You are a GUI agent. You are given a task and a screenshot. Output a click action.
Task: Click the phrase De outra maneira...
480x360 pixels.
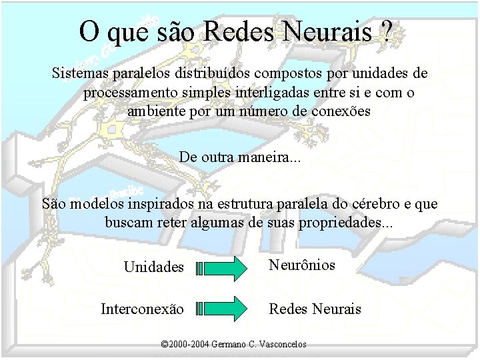pos(239,158)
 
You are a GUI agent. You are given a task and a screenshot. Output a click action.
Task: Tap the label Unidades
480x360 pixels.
pos(153,267)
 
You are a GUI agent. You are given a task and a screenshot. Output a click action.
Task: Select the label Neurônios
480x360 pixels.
pos(301,265)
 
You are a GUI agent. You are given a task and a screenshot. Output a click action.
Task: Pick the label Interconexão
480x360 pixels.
pos(142,309)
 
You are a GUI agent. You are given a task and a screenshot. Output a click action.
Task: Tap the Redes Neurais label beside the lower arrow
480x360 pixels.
pos(315,309)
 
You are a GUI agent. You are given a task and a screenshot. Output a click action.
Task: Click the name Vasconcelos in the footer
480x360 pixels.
pos(283,345)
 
